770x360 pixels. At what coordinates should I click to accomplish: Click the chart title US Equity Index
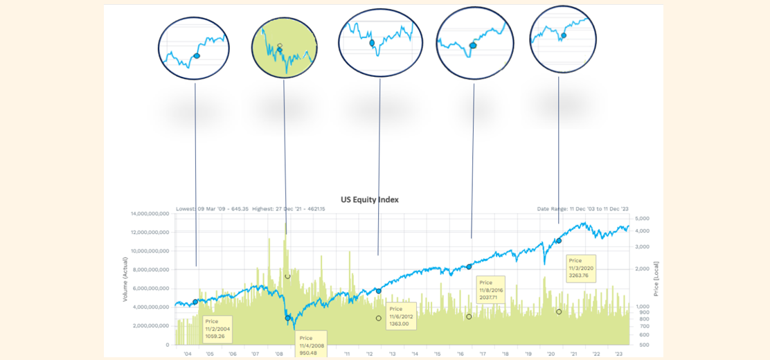(369, 199)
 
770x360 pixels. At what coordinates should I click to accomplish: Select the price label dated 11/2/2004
(217, 329)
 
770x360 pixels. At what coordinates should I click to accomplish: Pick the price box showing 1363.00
(401, 316)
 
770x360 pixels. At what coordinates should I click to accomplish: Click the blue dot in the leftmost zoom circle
(197, 55)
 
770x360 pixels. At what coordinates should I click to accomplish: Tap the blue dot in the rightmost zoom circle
(564, 35)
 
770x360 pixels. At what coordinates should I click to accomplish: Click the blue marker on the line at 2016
(469, 267)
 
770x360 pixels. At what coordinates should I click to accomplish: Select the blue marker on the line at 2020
(559, 241)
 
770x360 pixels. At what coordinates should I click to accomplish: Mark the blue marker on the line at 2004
(195, 302)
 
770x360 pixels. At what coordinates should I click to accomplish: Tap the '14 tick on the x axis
(414, 353)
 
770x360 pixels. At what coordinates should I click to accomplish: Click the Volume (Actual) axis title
(125, 278)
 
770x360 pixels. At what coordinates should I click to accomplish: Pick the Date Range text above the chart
(582, 208)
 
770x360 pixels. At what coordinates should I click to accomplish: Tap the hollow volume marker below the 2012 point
(379, 318)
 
